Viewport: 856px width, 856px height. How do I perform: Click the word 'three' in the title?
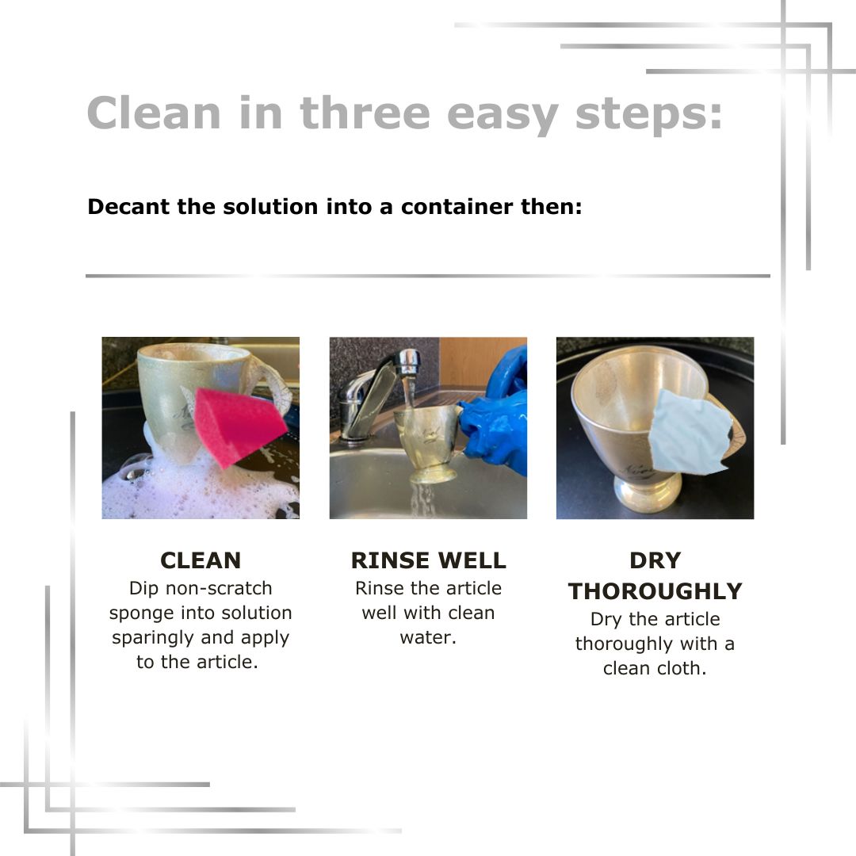point(365,113)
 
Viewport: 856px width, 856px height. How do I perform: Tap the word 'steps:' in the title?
point(648,116)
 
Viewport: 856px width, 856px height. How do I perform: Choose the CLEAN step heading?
point(201,560)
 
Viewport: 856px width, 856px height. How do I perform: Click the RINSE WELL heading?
point(429,560)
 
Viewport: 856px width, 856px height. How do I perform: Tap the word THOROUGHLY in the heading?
point(655,591)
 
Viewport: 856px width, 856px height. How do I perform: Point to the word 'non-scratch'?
point(219,588)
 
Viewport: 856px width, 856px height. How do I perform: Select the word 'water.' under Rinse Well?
point(428,637)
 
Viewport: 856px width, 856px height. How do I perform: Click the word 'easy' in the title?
point(503,116)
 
